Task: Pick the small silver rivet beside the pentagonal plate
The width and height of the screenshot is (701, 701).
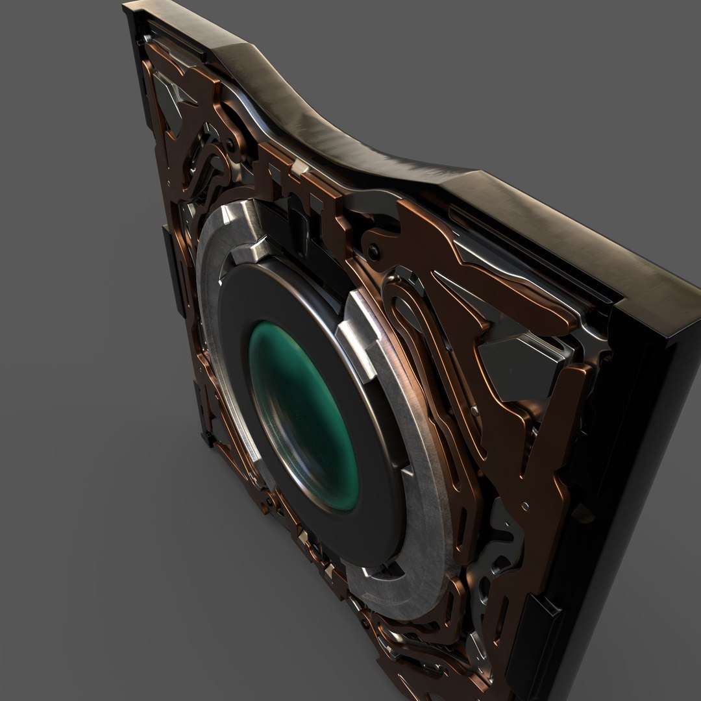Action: pyautogui.click(x=476, y=410)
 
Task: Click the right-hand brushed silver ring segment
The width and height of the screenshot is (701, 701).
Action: pyautogui.click(x=415, y=467)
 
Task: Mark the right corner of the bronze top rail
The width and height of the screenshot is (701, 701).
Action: pyautogui.click(x=675, y=299)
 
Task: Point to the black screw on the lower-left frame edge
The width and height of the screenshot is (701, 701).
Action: pyautogui.click(x=267, y=502)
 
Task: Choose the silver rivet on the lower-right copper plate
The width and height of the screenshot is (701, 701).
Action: pyautogui.click(x=524, y=505)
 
